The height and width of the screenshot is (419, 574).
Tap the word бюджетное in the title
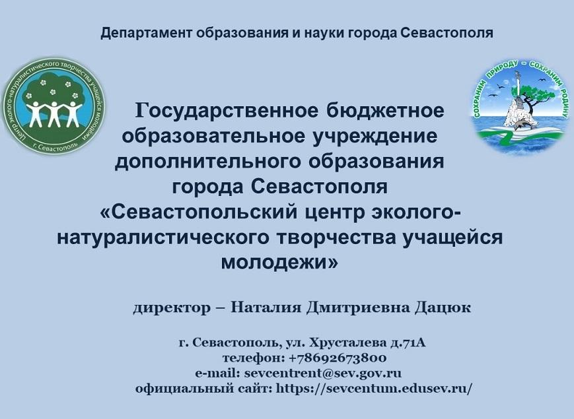coord(385,111)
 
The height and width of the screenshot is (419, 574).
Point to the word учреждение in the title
coord(374,137)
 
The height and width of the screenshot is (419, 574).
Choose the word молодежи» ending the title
coord(279,263)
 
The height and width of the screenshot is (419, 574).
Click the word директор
coord(172,308)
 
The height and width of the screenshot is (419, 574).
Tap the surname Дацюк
coord(443,308)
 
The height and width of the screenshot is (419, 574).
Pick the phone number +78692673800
coord(337,358)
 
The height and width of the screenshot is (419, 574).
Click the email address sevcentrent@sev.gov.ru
coord(322,373)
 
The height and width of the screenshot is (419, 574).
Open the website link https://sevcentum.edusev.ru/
coord(374,388)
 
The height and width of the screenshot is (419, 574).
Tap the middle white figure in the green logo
coord(54,113)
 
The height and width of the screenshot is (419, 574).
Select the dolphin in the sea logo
coord(521,125)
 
